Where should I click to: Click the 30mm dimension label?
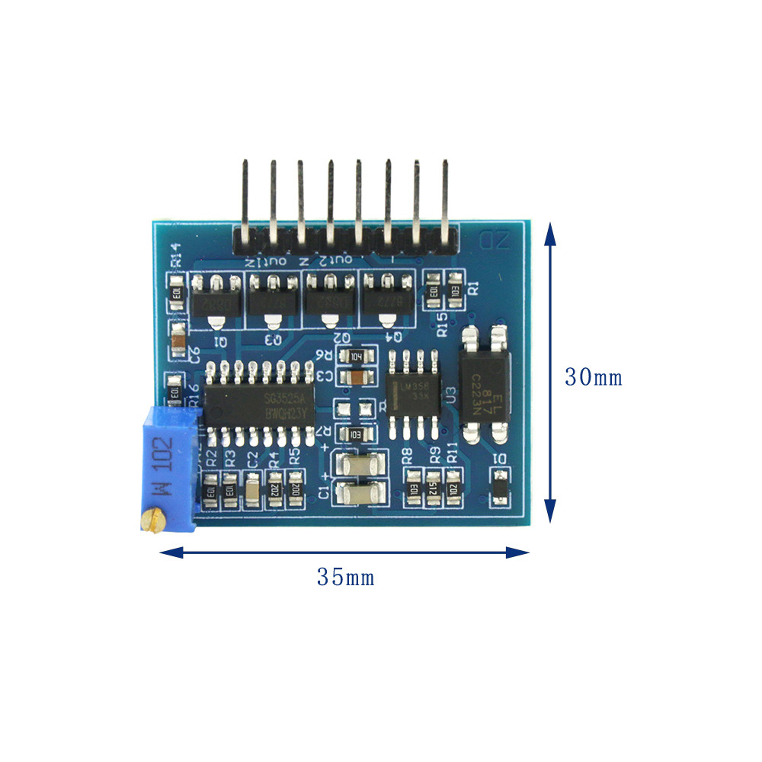click(x=593, y=376)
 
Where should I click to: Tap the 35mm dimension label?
click(x=345, y=577)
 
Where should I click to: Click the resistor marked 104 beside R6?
click(x=357, y=356)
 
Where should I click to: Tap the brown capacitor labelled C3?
click(x=357, y=376)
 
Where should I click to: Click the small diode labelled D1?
click(x=499, y=488)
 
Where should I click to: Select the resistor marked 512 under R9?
click(x=433, y=486)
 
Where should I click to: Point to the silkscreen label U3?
click(x=450, y=395)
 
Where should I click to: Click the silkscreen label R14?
click(x=175, y=253)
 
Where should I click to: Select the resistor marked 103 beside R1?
click(x=455, y=290)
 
